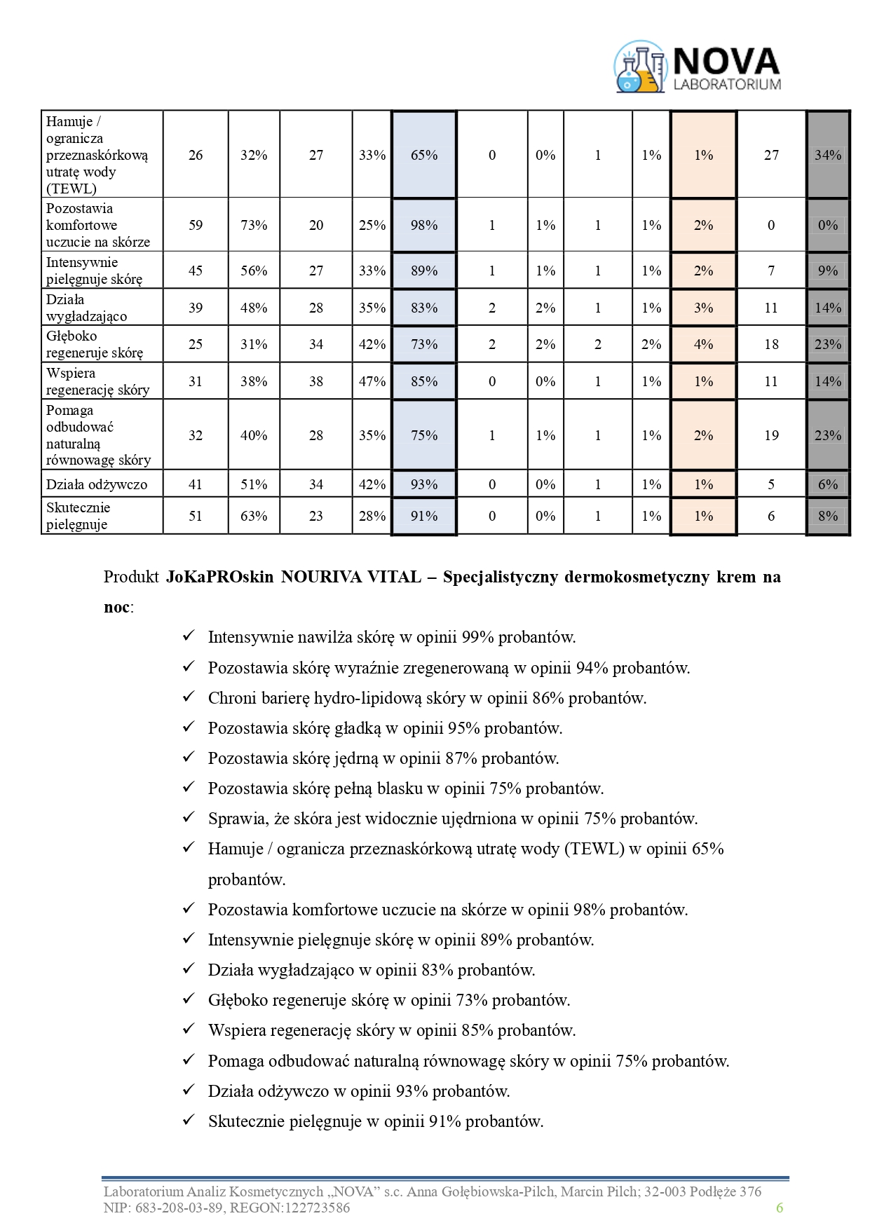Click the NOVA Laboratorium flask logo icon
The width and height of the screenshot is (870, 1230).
(x=639, y=67)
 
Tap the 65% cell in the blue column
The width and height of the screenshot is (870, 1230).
(x=423, y=155)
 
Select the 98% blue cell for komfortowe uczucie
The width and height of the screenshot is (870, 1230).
(x=423, y=225)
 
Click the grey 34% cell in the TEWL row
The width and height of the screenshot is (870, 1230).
(x=827, y=155)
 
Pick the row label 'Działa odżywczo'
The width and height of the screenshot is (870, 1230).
(x=97, y=484)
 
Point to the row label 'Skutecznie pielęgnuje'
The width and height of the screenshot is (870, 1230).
(x=79, y=516)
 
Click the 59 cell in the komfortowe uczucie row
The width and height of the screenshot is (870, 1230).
(x=196, y=225)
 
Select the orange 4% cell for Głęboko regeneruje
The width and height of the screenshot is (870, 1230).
(x=703, y=344)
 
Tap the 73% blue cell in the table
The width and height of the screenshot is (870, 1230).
(x=423, y=344)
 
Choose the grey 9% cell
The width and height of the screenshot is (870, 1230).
(x=827, y=271)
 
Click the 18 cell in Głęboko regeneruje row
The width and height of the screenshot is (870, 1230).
(x=771, y=344)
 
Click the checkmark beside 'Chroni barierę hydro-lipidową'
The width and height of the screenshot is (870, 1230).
(x=188, y=697)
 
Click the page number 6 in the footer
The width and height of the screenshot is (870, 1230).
(x=779, y=1207)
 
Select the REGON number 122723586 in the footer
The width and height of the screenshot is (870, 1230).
(x=317, y=1208)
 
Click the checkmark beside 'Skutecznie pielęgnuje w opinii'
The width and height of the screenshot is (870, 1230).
(x=188, y=1121)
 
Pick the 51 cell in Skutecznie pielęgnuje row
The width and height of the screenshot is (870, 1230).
(x=196, y=516)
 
